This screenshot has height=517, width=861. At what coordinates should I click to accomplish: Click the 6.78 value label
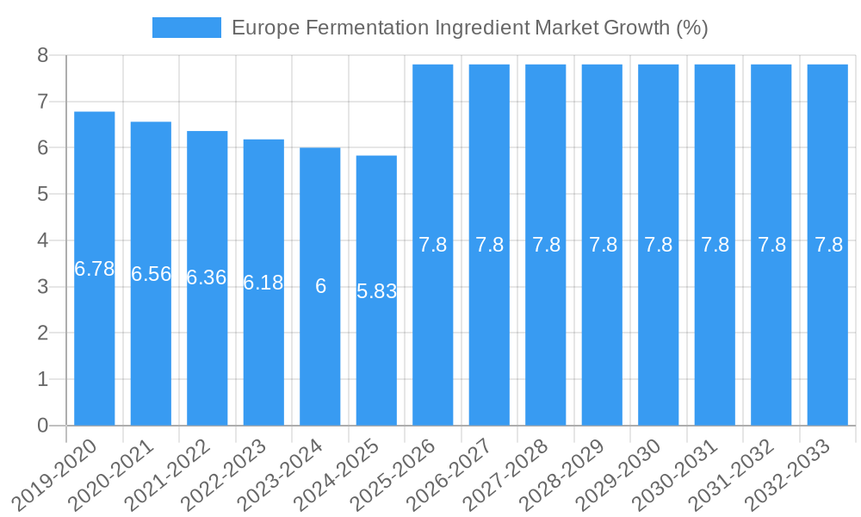(x=95, y=269)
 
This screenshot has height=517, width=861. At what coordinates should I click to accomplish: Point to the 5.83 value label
(x=376, y=291)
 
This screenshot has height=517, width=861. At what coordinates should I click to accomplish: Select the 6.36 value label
(x=207, y=277)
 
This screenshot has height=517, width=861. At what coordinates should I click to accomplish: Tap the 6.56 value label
(x=151, y=274)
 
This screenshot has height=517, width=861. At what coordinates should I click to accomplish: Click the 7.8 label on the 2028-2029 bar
(x=603, y=245)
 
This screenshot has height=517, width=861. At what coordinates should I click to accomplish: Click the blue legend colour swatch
(x=186, y=28)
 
